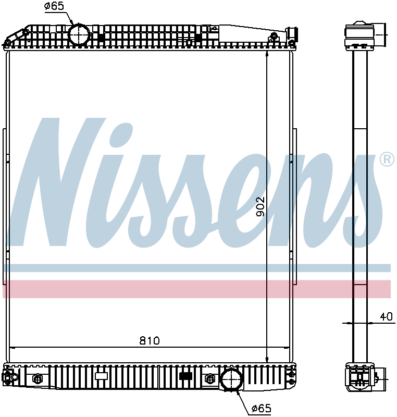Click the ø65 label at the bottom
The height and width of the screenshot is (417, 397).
[x=260, y=409]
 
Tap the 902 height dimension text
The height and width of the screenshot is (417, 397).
[x=260, y=207]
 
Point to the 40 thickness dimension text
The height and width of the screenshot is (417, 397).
[x=386, y=316]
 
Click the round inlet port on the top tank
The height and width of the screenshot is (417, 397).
[x=79, y=35]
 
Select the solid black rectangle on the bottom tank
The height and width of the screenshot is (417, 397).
[x=185, y=376]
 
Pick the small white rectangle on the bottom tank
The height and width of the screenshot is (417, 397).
[x=101, y=376]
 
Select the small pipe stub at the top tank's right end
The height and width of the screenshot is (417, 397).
[x=293, y=33]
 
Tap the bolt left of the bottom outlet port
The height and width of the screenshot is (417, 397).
[x=210, y=378]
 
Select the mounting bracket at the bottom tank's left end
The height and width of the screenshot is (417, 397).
[x=9, y=377]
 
